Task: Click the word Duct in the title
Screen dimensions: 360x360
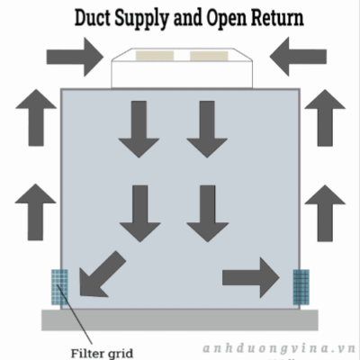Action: [x=93, y=18]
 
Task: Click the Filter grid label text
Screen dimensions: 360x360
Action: [x=102, y=353]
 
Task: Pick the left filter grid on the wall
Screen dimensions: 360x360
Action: [x=59, y=287]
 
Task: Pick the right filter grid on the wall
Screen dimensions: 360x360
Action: [x=301, y=287]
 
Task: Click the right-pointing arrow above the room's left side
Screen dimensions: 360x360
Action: [x=75, y=57]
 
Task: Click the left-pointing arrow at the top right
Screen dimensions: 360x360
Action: [x=298, y=57]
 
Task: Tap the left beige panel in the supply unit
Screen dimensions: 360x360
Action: [x=155, y=56]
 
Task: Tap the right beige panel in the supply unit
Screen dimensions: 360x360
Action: [x=209, y=56]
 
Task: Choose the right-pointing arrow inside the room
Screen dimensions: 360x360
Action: [x=251, y=277]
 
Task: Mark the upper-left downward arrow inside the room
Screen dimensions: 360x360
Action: [x=139, y=130]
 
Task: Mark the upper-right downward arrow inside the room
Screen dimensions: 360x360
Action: [x=207, y=130]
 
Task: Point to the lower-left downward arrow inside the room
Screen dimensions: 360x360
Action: [x=140, y=213]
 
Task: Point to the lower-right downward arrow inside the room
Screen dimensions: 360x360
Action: [x=208, y=213]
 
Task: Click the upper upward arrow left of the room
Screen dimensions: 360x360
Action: [x=36, y=117]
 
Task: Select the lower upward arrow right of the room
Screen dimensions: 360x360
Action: [x=325, y=213]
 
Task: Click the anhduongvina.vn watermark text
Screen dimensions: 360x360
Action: [x=279, y=348]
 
